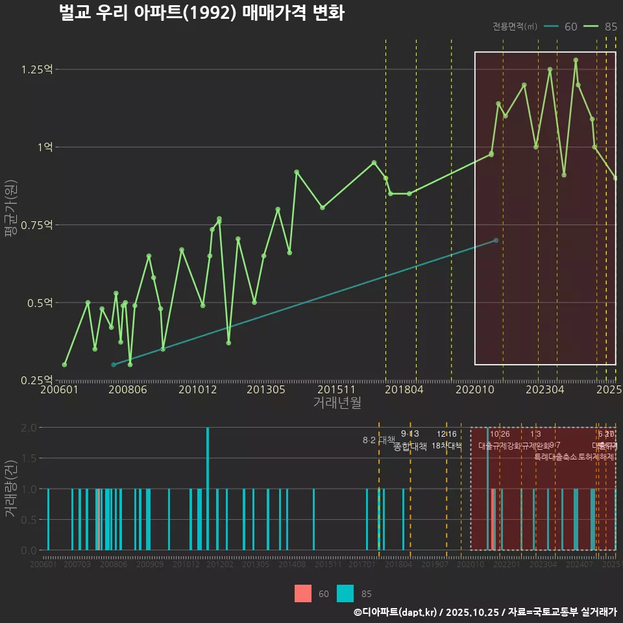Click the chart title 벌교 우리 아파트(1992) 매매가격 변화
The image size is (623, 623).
pyautogui.click(x=201, y=13)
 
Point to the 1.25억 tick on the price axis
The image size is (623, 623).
pyautogui.click(x=38, y=69)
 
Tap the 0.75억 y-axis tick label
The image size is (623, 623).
pyautogui.click(x=38, y=225)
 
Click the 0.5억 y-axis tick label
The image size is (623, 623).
pyautogui.click(x=40, y=303)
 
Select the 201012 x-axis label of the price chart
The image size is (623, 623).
pyautogui.click(x=197, y=390)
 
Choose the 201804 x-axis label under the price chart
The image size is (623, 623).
pyautogui.click(x=404, y=390)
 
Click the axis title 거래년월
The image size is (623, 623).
pyautogui.click(x=337, y=403)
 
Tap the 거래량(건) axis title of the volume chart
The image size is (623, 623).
pyautogui.click(x=10, y=489)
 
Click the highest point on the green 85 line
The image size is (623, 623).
pyautogui.click(x=576, y=60)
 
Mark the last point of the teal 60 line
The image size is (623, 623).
pyautogui.click(x=496, y=240)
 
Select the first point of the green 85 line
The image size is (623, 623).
pyautogui.click(x=64, y=365)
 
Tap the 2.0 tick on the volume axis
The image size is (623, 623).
pyautogui.click(x=29, y=428)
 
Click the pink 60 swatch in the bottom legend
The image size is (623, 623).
pyautogui.click(x=303, y=593)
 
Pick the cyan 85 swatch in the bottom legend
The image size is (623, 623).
pyautogui.click(x=346, y=593)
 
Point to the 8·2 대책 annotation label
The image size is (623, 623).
pyautogui.click(x=378, y=440)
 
